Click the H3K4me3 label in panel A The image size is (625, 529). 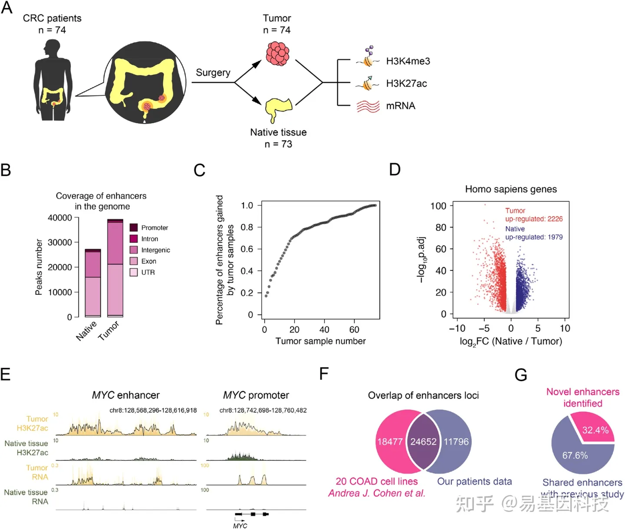click(408, 61)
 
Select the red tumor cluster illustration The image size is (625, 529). click(277, 53)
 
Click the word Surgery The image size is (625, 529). click(213, 72)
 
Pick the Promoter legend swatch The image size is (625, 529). click(134, 227)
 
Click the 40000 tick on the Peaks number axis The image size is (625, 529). click(60, 217)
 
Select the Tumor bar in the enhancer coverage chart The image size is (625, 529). click(115, 268)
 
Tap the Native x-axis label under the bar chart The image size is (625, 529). click(86, 331)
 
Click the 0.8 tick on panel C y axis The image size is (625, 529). click(247, 227)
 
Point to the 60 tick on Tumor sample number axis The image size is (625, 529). click(354, 329)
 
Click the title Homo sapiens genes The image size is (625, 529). click(511, 189)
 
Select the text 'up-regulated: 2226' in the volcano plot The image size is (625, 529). click(534, 219)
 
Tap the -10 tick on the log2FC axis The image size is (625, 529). click(457, 329)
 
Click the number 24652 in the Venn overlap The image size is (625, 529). click(423, 442)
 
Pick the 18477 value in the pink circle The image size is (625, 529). click(390, 442)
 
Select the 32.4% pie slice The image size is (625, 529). click(594, 429)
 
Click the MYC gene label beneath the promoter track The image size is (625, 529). click(240, 526)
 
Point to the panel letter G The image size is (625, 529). click(520, 375)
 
